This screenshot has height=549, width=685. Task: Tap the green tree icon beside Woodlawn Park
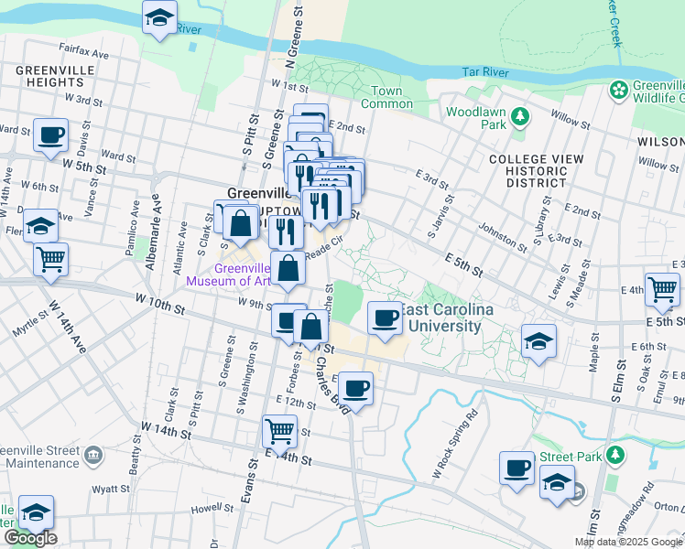[520, 116]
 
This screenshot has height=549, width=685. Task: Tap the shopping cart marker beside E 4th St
[662, 288]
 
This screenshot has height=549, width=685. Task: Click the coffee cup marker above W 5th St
[49, 135]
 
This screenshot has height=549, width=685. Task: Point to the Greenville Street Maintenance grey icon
[92, 455]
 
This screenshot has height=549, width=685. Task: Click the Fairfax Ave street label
[84, 55]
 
